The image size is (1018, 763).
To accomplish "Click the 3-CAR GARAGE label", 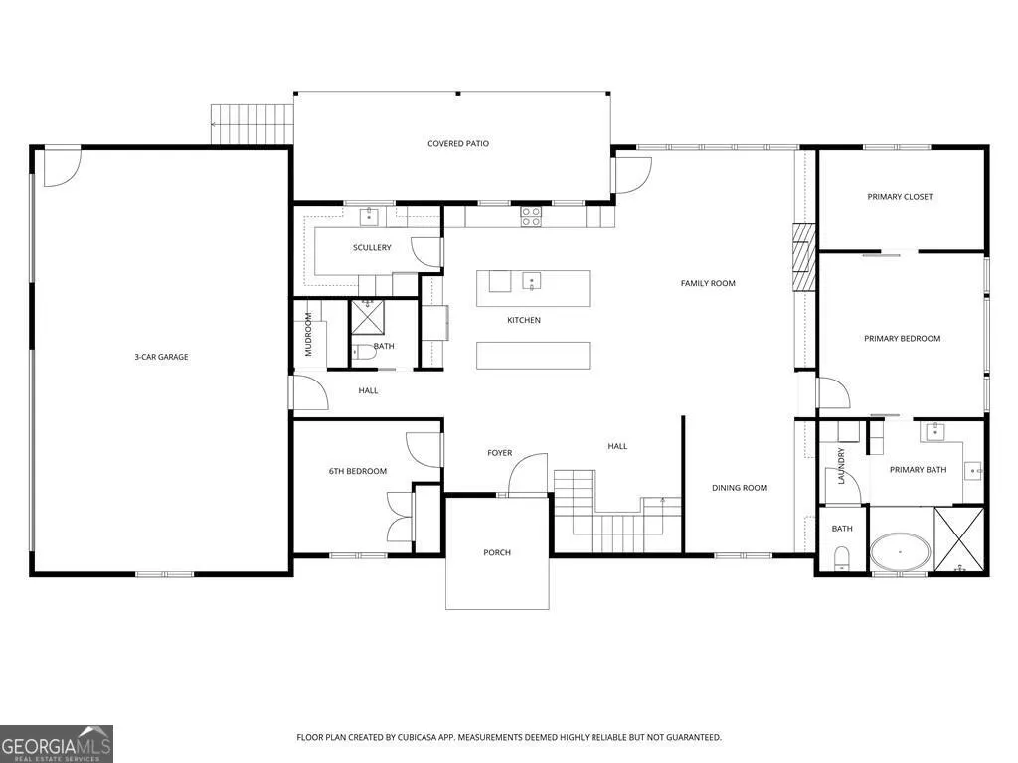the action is [x=161, y=357].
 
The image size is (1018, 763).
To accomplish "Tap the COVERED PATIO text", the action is [x=457, y=143].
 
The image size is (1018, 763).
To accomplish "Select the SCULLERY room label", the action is [x=372, y=247].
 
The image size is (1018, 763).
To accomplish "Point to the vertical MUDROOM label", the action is [x=308, y=334].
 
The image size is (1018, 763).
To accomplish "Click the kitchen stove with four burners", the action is [x=531, y=216].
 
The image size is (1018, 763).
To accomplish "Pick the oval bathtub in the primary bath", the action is [x=900, y=551].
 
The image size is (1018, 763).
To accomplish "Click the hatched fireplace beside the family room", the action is [x=803, y=257].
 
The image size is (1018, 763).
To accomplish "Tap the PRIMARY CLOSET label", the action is [x=900, y=196].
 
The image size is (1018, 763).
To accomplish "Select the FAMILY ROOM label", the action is [x=708, y=283].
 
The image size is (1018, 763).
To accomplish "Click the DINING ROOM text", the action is [x=740, y=487].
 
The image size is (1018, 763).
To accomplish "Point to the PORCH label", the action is [x=497, y=552].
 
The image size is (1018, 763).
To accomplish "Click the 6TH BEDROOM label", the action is [x=358, y=471].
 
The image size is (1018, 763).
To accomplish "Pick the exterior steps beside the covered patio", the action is [x=252, y=124].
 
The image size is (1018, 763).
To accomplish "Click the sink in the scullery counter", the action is [x=369, y=216].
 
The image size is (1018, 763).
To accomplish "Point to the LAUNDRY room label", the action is [x=841, y=465].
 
